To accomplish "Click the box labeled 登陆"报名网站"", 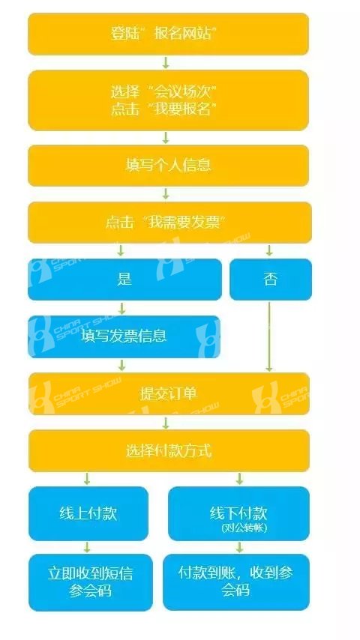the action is coord(168,34).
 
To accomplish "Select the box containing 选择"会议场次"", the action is coord(168,100).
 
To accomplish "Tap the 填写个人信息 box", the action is coord(168,166).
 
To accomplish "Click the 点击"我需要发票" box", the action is coord(169,223).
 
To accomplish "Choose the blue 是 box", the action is coord(124,280).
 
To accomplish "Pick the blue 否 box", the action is coord(271,280).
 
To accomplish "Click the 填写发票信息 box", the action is coord(124,336).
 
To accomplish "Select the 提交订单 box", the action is coord(169,393).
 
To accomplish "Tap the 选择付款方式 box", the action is coord(169,450).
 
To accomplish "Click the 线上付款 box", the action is coord(88,513).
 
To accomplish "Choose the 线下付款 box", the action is coord(238,513).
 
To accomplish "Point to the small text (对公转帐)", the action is coord(244,528).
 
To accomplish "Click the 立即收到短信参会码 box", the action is coord(90,582).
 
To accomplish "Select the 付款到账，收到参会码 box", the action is coord(236,582).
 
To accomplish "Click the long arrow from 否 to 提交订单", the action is coord(269,336).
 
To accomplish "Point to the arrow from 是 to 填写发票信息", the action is coord(121,308).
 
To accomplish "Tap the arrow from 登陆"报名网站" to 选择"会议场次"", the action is coord(166,62).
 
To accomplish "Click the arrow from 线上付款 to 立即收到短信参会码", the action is coord(87,547).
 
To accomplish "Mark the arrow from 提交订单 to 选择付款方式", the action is coord(166,423).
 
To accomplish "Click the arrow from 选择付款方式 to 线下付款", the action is coord(239,479).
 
